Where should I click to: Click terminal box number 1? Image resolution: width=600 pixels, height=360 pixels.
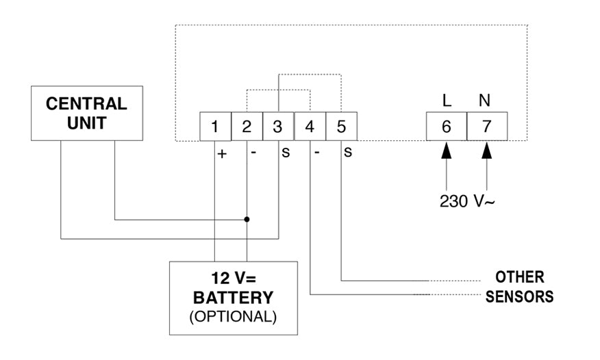coord(215,127)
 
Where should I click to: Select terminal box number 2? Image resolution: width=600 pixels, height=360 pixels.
coord(247,127)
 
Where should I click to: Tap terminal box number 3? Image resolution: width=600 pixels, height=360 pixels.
coord(278,127)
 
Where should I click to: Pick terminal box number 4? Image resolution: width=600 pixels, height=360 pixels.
coord(310,127)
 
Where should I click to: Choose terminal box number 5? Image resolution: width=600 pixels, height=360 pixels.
coord(341,127)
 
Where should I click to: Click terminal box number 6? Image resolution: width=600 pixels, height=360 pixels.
coord(446,127)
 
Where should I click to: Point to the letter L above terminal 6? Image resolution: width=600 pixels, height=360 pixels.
coord(447,101)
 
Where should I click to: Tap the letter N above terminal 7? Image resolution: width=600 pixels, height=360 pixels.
coord(485,101)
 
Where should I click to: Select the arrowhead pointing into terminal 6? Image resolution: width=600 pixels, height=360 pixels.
coord(446,150)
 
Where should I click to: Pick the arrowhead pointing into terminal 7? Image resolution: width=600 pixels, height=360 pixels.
coord(487,150)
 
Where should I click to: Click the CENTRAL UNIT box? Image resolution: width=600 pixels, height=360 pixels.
coord(86,114)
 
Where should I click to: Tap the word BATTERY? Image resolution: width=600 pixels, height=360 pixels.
coord(233,298)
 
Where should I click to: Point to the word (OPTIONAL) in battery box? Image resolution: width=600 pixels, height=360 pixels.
coord(233,316)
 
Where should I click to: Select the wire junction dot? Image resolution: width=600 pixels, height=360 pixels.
coord(247,220)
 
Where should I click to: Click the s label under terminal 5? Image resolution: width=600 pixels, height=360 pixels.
coord(348,152)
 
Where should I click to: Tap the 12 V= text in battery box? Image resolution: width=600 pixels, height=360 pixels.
coord(233,279)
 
